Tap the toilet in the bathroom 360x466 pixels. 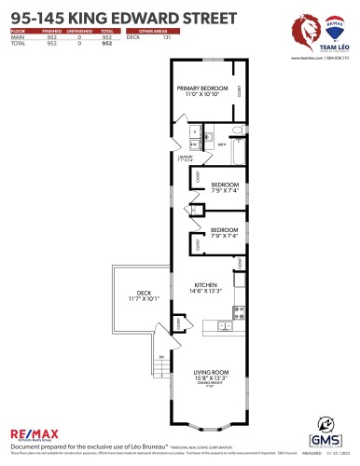(x=237, y=130)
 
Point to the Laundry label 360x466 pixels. (x=186, y=158)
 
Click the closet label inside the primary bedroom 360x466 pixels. (x=240, y=92)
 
